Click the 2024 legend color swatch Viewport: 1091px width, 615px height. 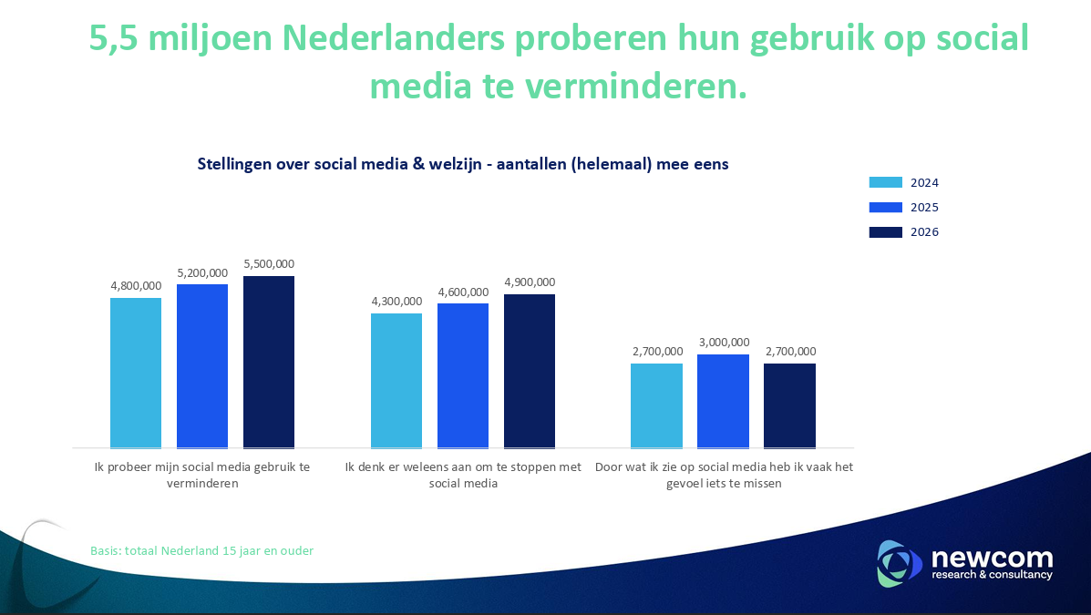click(x=885, y=182)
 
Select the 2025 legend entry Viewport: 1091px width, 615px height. click(x=902, y=208)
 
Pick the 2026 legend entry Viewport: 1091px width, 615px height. click(x=902, y=232)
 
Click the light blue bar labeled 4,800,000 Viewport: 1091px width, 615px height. click(x=136, y=373)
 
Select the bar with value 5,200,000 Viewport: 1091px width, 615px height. click(x=202, y=366)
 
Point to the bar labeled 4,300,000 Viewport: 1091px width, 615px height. click(x=396, y=381)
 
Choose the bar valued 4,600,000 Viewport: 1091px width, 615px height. click(x=463, y=375)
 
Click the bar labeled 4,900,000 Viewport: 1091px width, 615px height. click(x=530, y=371)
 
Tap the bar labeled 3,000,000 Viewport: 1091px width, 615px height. click(x=723, y=401)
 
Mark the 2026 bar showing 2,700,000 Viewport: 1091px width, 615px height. click(x=789, y=405)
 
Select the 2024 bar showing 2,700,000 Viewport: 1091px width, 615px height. click(x=656, y=405)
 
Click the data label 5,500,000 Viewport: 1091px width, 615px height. click(x=269, y=264)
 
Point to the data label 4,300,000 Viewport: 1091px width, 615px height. click(x=396, y=302)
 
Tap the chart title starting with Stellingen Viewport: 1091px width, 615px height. click(x=463, y=164)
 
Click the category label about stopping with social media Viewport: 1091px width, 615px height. click(x=463, y=475)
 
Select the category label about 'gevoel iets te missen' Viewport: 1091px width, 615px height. click(x=724, y=475)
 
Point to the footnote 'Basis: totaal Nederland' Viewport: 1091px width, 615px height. click(x=201, y=550)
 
